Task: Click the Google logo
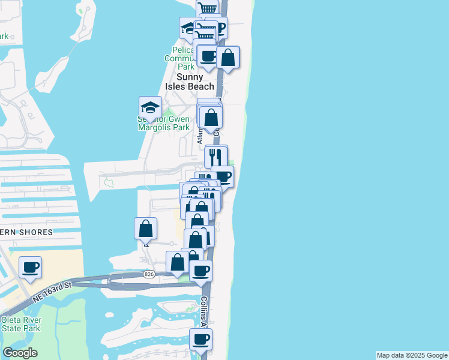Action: (20, 353)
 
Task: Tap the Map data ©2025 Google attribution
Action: (412, 355)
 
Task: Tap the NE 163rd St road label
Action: (50, 286)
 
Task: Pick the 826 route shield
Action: (149, 274)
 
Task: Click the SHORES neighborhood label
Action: (35, 232)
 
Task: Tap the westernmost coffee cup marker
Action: (30, 267)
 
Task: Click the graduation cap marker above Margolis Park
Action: (150, 107)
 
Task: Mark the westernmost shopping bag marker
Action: (145, 228)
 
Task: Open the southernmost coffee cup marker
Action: (200, 339)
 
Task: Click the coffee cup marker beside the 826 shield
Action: (200, 271)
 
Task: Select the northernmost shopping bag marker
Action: (228, 58)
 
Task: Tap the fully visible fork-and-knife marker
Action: (216, 157)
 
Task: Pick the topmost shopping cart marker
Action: (208, 8)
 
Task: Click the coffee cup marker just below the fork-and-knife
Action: (223, 176)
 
